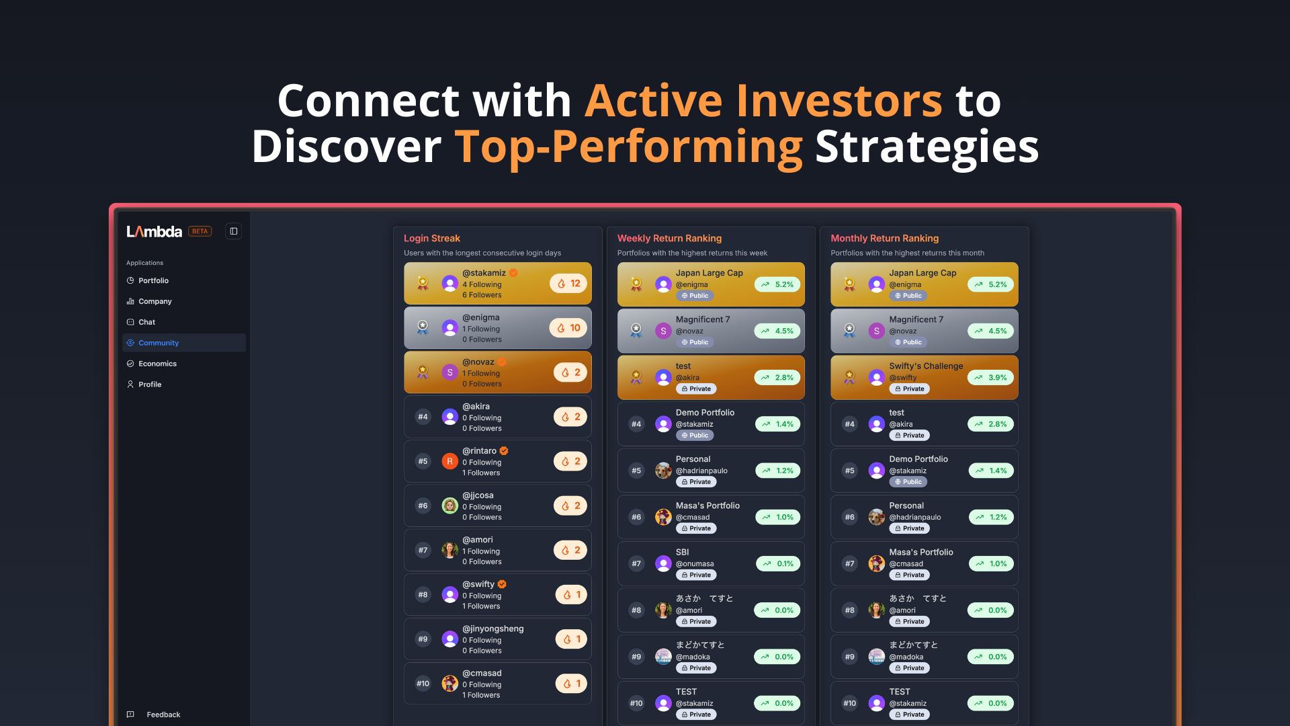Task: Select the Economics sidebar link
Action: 157,364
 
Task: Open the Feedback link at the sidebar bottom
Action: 163,715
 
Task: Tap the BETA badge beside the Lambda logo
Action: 200,231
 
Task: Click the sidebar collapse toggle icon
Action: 234,231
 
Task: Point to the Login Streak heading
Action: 432,238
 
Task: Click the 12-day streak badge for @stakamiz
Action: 568,284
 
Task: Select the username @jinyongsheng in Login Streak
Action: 493,629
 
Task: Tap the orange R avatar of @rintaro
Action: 449,461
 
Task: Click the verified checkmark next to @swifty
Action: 502,584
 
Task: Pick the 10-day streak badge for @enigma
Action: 568,328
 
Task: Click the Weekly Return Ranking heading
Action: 669,238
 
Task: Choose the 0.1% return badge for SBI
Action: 778,563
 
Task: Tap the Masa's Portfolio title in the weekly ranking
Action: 707,506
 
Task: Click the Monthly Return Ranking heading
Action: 884,238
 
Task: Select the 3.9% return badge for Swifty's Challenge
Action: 990,378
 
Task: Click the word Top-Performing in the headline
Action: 629,147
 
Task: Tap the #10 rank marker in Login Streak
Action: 423,684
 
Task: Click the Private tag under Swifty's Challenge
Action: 909,389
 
